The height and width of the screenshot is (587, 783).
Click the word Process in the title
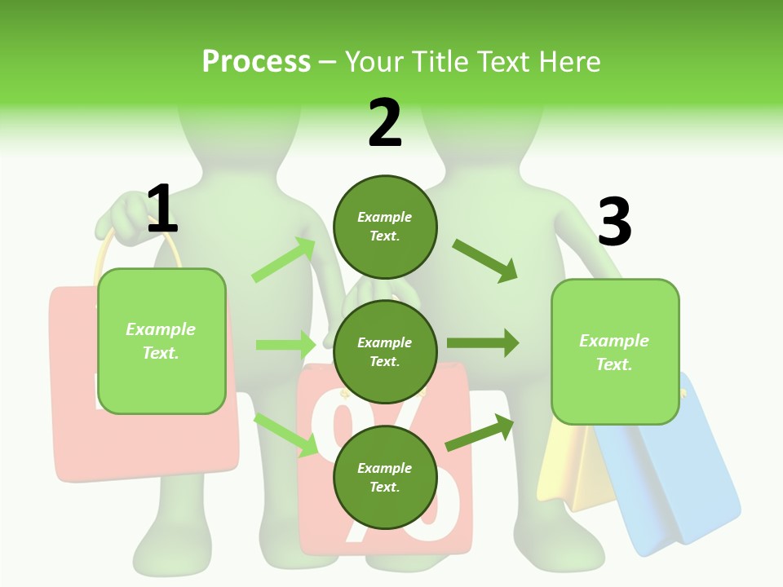(x=256, y=61)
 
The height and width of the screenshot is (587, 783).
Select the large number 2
(x=385, y=124)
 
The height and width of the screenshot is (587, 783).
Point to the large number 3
(x=614, y=223)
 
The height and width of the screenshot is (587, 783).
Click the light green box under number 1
(x=161, y=341)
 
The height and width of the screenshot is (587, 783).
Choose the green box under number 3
(x=615, y=351)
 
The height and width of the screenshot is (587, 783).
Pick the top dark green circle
(x=385, y=227)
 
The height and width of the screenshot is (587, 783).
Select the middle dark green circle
(x=385, y=351)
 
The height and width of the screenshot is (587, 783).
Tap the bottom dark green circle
(x=385, y=477)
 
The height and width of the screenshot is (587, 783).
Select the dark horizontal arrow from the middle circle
(x=483, y=343)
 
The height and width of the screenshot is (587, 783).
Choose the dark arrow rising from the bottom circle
(x=480, y=432)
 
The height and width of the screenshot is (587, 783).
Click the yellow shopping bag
(x=571, y=469)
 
